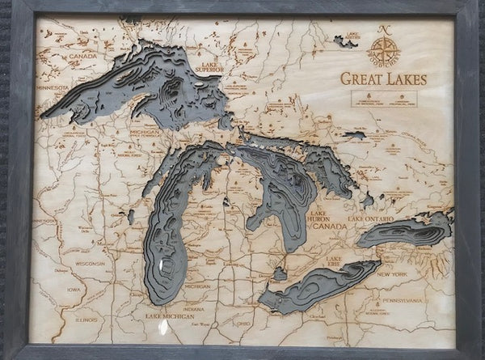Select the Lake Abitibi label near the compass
(351, 36)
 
